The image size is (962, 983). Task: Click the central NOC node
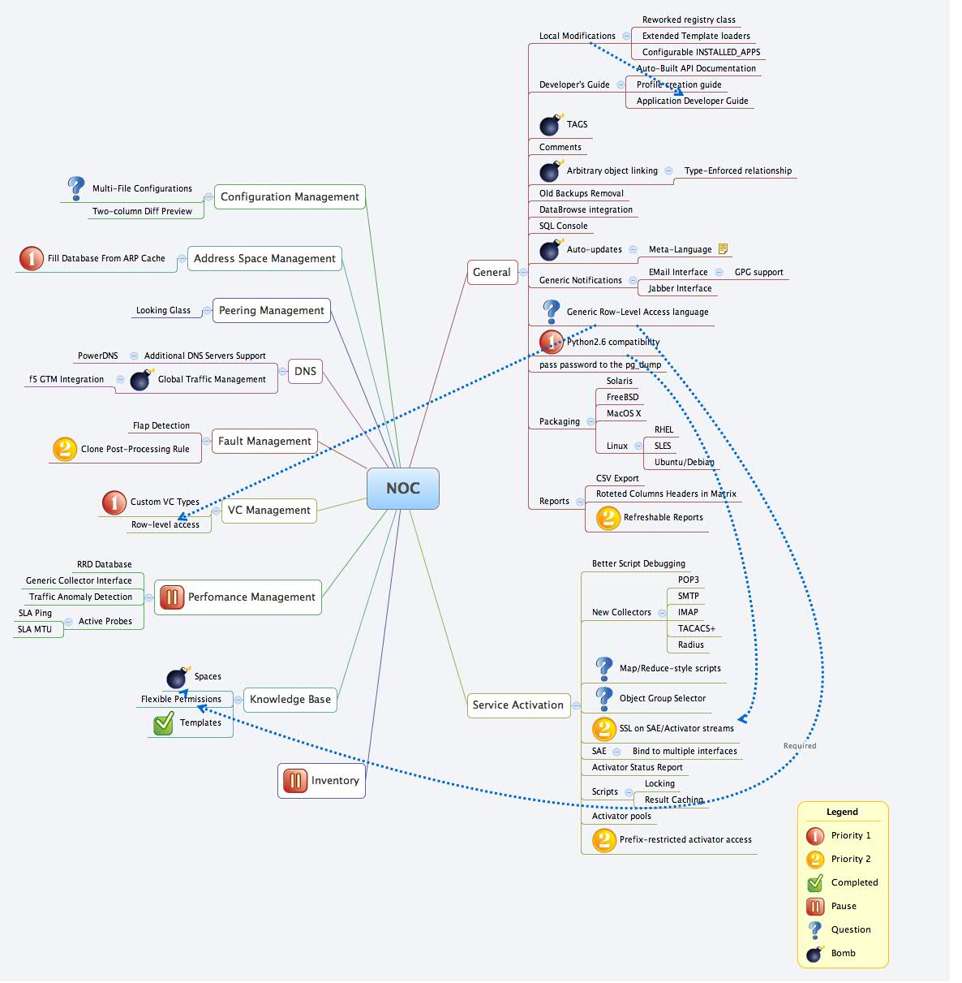(402, 488)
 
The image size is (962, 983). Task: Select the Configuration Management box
(290, 196)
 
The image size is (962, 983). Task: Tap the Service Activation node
(518, 705)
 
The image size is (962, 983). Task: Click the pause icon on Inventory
(294, 780)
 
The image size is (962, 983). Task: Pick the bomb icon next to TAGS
(551, 124)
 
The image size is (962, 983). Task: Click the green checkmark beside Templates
(164, 722)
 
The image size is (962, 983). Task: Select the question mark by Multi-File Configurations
(75, 188)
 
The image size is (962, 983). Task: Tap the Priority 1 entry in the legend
(850, 835)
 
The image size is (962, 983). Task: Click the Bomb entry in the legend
(843, 953)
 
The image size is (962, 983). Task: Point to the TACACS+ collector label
(696, 628)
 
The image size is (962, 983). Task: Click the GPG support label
(758, 272)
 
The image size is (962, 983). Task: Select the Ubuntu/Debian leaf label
(684, 462)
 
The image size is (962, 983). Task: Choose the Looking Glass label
(163, 310)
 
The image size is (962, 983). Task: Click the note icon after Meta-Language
(723, 249)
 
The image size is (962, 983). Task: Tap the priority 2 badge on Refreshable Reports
(608, 517)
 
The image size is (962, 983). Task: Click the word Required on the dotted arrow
(799, 745)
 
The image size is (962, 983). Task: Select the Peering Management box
(271, 310)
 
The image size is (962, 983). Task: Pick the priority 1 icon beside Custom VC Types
(114, 502)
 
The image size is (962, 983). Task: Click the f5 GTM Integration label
(67, 379)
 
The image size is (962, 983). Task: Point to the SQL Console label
(563, 226)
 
